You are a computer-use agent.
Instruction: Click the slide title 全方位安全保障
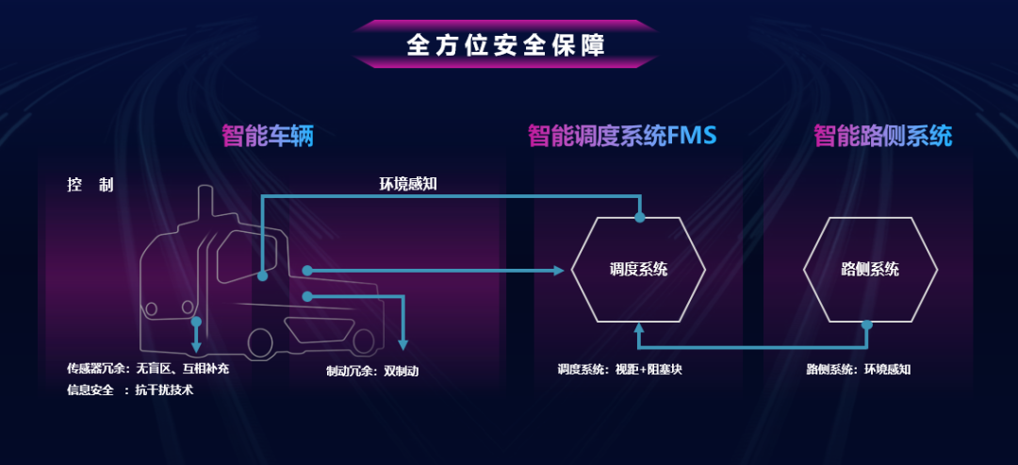[x=505, y=44]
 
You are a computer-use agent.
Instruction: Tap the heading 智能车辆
[x=268, y=136]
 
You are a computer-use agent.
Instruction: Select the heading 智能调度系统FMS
[x=622, y=136]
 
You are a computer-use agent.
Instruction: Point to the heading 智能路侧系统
[x=883, y=136]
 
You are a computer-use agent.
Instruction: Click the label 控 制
[x=90, y=185]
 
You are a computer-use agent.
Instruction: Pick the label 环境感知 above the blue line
[x=401, y=184]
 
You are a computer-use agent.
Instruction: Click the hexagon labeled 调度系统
[x=638, y=270]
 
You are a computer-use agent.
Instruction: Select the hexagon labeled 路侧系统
[x=870, y=270]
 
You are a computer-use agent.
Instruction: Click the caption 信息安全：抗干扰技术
[x=130, y=390]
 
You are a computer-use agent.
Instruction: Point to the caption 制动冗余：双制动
[x=372, y=371]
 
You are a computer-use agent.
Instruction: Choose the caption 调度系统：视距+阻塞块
[x=619, y=370]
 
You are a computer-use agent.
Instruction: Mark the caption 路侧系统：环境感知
[x=859, y=370]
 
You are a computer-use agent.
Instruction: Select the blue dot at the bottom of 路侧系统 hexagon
[x=867, y=324]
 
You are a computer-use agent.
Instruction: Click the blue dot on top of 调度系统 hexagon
[x=639, y=217]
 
